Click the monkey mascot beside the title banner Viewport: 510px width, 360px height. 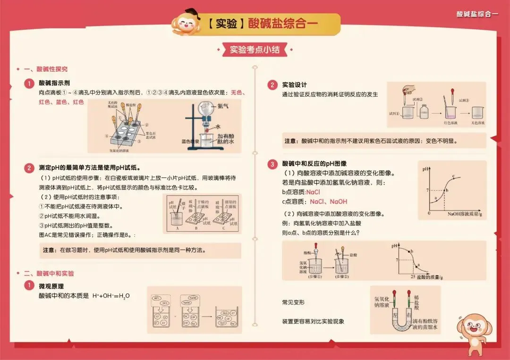point(186,23)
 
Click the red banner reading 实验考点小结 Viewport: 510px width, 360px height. point(255,50)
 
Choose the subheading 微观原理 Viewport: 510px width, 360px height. point(51,286)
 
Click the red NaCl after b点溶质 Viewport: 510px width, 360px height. point(313,192)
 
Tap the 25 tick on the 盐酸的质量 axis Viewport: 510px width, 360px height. point(413,276)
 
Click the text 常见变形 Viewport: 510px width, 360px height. point(293,302)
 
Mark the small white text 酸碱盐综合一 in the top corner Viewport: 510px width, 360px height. point(477,14)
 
